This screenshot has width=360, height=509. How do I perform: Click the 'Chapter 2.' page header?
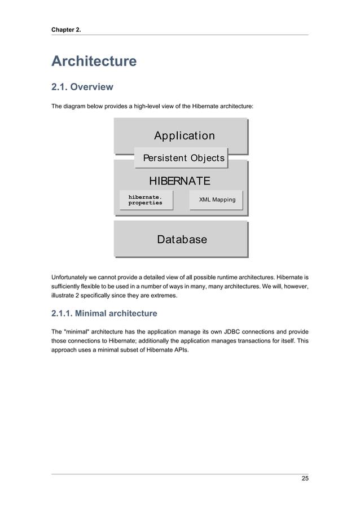click(x=66, y=29)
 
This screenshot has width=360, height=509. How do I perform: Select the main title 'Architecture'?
click(x=94, y=61)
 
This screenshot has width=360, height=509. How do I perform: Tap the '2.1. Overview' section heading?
click(x=82, y=87)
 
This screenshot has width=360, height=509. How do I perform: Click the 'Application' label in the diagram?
click(x=184, y=136)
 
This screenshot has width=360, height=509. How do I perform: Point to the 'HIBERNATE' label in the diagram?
click(x=179, y=181)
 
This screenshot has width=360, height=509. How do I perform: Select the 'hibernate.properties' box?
click(x=146, y=200)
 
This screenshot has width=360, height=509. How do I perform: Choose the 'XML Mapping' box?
click(x=217, y=200)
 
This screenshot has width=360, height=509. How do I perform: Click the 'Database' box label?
click(x=182, y=239)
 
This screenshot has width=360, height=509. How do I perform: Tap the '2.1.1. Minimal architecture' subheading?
click(x=104, y=313)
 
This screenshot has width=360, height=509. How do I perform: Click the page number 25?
click(x=305, y=479)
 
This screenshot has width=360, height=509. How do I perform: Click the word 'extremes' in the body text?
click(x=164, y=295)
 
